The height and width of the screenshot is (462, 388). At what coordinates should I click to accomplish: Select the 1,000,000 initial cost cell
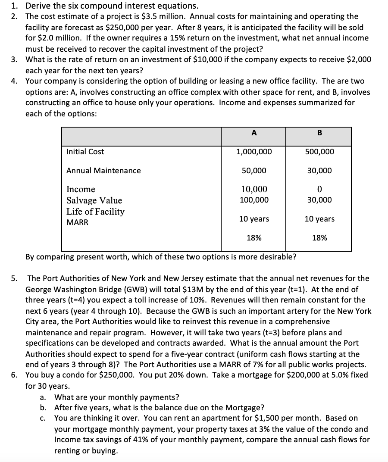254,152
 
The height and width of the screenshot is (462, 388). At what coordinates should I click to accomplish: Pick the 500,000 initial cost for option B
319,152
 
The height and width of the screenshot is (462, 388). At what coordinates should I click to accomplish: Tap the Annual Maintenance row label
103,171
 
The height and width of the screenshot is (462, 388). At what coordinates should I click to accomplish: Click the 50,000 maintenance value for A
254,171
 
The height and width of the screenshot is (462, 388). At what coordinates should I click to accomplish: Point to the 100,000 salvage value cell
254,200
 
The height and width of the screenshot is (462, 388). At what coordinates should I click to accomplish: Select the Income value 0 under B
319,189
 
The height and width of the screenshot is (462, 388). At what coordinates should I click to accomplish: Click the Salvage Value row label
94,200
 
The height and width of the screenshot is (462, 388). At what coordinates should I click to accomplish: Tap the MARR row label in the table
77,223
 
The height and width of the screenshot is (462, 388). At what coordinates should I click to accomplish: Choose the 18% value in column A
254,237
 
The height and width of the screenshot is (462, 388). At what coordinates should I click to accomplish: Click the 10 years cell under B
319,219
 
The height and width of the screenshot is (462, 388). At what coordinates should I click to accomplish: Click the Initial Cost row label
85,152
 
